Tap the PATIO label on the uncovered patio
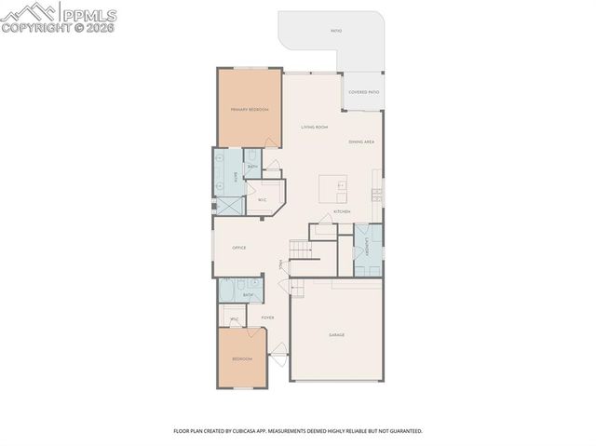pyautogui.click(x=335, y=31)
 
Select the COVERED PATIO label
pyautogui.click(x=363, y=92)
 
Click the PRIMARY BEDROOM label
pyautogui.click(x=250, y=109)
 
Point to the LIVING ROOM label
pyautogui.click(x=314, y=127)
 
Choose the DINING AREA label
pyautogui.click(x=361, y=142)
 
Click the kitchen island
pyautogui.click(x=333, y=186)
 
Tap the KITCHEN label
pyautogui.click(x=342, y=211)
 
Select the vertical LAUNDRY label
pyautogui.click(x=368, y=249)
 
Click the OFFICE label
pyautogui.click(x=238, y=248)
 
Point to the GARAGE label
pyautogui.click(x=336, y=334)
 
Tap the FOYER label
pyautogui.click(x=267, y=318)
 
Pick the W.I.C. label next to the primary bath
pyautogui.click(x=263, y=199)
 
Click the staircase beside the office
pyautogui.click(x=300, y=249)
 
